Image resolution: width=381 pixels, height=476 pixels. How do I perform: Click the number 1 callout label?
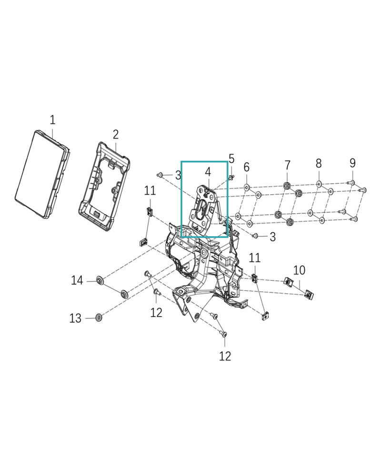pos(52,120)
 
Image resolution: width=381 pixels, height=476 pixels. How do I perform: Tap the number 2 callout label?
pos(115,135)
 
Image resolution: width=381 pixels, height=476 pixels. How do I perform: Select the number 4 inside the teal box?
pos(208,172)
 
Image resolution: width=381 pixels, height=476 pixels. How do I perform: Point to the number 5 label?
pos(231,159)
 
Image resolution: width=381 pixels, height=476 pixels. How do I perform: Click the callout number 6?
pos(246,167)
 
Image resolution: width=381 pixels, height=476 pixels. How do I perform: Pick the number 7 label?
pos(288,166)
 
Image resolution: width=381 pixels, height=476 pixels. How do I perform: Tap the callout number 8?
pos(319,164)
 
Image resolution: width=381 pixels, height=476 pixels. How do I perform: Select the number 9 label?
pos(352,163)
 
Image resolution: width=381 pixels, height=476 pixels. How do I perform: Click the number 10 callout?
pos(299,270)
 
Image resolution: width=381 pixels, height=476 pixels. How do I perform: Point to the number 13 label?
pos(75,318)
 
